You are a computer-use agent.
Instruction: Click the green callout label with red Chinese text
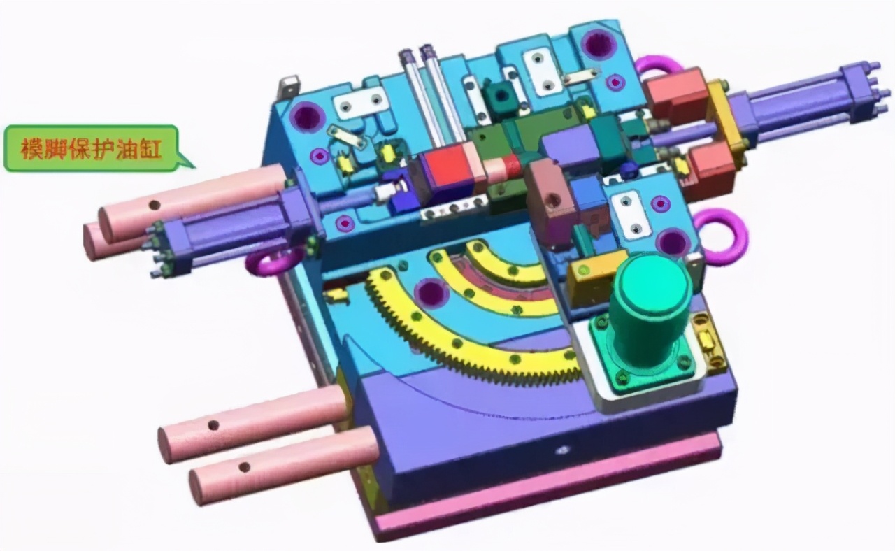(x=91, y=149)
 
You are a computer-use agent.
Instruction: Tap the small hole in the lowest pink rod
(x=244, y=466)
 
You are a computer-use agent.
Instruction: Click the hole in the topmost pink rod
(x=155, y=206)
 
